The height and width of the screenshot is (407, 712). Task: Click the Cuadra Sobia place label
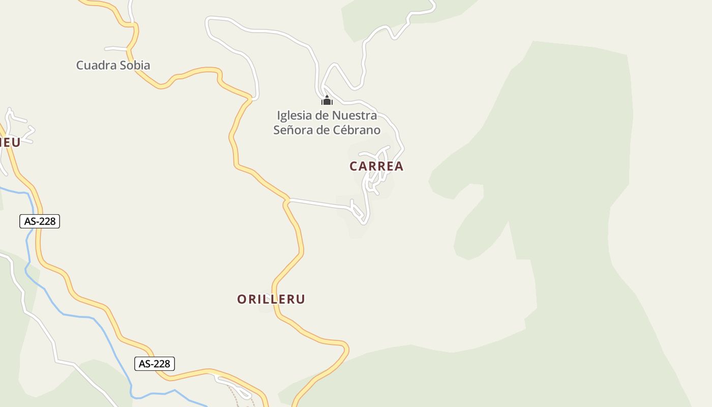(x=113, y=65)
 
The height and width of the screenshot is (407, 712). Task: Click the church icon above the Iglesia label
(x=327, y=100)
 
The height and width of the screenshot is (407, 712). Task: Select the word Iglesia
(x=295, y=115)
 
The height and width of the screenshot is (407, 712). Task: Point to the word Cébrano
(x=357, y=130)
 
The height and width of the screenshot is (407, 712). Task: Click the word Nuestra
(x=354, y=115)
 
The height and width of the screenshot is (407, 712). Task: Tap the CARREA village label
(x=376, y=166)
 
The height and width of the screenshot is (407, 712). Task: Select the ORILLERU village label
(x=271, y=299)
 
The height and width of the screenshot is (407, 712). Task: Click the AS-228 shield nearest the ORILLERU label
(x=155, y=364)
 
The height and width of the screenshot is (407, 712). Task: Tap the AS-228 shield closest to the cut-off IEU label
(x=40, y=221)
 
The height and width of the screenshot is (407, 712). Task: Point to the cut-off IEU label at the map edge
(x=10, y=142)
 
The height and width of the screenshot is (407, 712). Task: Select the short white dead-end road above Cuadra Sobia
(x=116, y=49)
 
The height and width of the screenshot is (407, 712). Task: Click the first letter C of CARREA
(x=354, y=166)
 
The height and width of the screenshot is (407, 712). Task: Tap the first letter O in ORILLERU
(x=242, y=299)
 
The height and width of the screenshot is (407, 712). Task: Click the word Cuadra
(x=95, y=65)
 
